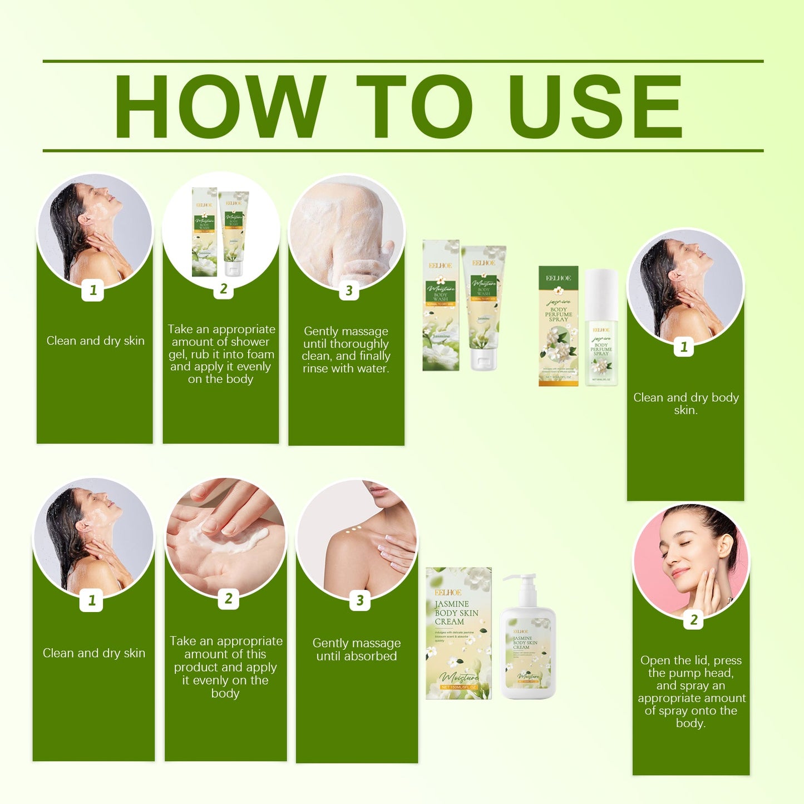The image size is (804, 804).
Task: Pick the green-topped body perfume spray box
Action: pos(558,326)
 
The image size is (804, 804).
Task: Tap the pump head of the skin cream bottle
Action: pos(523,587)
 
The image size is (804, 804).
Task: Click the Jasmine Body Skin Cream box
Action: pos(458,633)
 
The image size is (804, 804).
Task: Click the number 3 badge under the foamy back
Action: pos(349,290)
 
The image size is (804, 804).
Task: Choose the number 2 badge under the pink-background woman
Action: pos(693,620)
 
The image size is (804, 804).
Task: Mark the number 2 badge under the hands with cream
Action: pos(228,599)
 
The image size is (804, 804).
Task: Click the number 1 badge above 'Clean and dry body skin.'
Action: pos(684,347)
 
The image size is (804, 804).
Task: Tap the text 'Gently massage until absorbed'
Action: pos(357,649)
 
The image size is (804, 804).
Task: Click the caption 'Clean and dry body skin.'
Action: pos(685,403)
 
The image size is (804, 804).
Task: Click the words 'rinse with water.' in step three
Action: pos(346,368)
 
